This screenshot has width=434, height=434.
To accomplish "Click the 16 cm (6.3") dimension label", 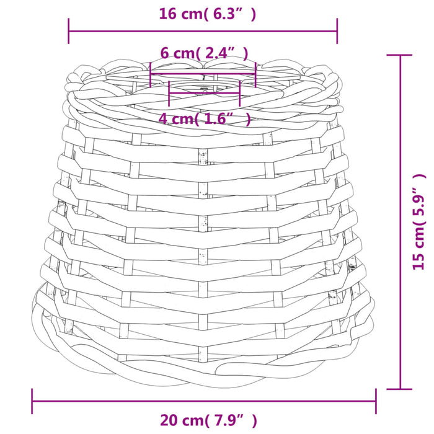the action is [208, 14].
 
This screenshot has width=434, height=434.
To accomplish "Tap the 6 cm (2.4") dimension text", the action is [204, 53].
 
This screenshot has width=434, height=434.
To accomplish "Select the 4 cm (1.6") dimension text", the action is [205, 119].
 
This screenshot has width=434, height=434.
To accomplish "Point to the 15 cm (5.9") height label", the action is [418, 222].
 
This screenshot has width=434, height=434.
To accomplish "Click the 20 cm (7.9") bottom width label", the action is [208, 420].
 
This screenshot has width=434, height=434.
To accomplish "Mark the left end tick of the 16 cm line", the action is [68, 31].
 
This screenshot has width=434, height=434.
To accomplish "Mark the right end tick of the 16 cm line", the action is [337, 31].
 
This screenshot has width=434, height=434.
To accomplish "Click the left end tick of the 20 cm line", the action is [32, 401].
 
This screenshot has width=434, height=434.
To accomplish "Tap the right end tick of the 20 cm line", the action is [376, 401].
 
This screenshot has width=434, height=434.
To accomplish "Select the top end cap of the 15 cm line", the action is [400, 55].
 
